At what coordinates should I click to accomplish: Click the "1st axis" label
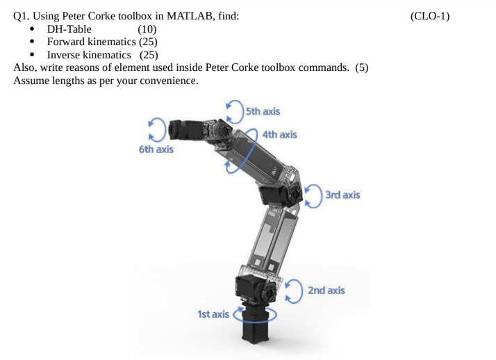pyautogui.click(x=213, y=314)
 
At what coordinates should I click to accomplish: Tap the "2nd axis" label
pyautogui.click(x=326, y=290)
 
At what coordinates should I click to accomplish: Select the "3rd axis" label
pyautogui.click(x=342, y=195)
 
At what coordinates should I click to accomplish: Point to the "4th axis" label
pyautogui.click(x=280, y=133)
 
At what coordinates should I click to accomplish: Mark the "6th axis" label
pyautogui.click(x=156, y=149)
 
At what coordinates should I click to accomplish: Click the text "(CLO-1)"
pyautogui.click(x=430, y=16)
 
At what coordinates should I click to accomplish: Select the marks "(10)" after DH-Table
pyautogui.click(x=147, y=28)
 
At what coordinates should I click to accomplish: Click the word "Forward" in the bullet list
pyautogui.click(x=68, y=41)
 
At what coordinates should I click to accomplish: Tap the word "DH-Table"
pyautogui.click(x=69, y=28)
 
